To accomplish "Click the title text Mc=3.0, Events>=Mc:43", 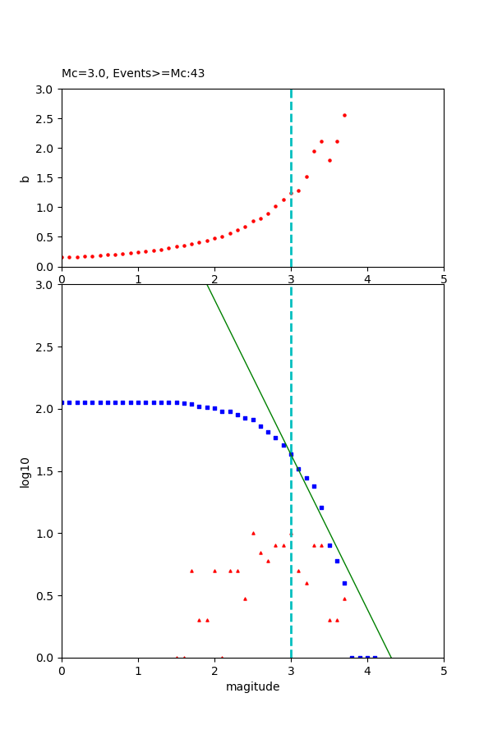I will coord(133,74).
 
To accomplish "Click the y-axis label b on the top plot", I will coord(25,178).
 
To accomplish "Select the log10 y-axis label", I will coord(25,472).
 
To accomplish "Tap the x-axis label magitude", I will coord(252,687).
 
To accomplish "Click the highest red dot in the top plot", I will coord(344,115).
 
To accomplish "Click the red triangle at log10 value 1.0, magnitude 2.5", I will coord(253,533).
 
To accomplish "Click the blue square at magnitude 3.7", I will coord(344,583).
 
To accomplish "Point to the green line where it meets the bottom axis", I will coord(391,657).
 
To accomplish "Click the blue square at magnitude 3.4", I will coord(321,507).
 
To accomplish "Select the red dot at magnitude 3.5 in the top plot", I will coord(329,160).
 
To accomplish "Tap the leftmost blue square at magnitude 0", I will coord(62,402).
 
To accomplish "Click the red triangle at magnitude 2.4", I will coord(245,599).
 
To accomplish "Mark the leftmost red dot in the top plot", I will coord(62,257).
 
